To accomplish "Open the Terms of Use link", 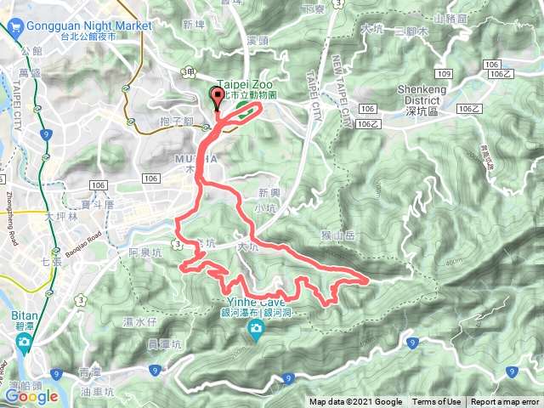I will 436,402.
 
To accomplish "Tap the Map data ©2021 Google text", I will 355,402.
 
